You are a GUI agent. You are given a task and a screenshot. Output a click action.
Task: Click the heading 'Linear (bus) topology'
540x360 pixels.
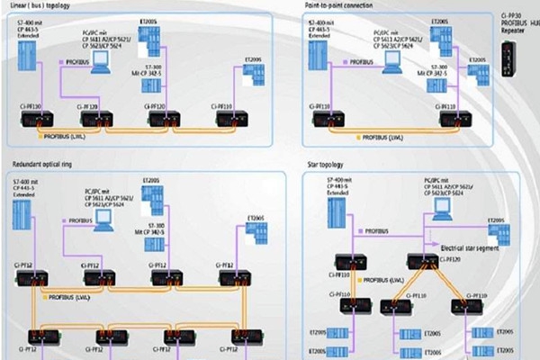click(40, 4)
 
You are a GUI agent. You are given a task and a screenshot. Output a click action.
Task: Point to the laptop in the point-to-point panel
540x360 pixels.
click(391, 61)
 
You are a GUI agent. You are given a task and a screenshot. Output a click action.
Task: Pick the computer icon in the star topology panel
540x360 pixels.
click(442, 210)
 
